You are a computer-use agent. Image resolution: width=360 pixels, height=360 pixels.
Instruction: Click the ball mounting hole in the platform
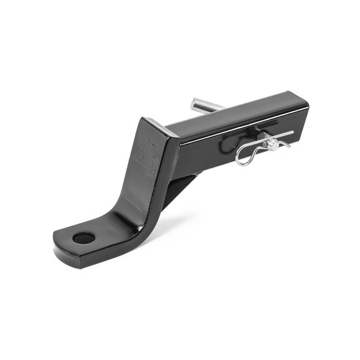pos(83,237)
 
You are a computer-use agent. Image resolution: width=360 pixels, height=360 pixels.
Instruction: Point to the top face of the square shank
pos(237,112)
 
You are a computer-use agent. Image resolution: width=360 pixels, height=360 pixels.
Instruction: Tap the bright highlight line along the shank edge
pos(243,125)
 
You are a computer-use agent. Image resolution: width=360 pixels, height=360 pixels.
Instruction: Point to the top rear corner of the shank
pos(304,100)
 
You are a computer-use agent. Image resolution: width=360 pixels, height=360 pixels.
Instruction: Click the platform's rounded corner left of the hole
pos(59,240)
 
